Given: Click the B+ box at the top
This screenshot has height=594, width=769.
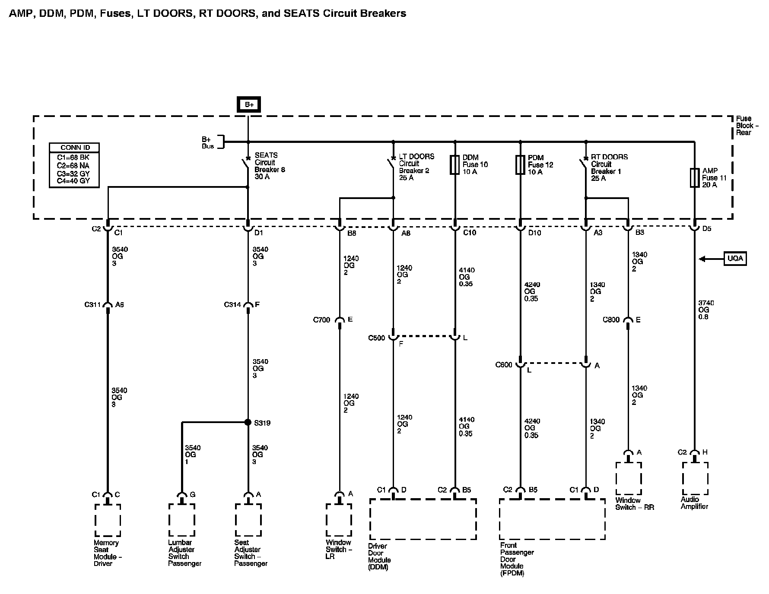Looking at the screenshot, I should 249,105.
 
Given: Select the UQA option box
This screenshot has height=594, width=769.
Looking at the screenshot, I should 735,259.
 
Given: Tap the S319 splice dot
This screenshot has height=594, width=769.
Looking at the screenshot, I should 248,422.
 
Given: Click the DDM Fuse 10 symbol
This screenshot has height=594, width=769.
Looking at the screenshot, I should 454,164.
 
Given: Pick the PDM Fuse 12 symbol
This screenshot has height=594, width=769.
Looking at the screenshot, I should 520,164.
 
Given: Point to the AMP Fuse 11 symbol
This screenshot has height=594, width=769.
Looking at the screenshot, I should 694,177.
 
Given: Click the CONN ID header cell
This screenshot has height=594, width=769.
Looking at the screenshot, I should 74,148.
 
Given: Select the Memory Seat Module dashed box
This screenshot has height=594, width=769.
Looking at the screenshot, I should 108,520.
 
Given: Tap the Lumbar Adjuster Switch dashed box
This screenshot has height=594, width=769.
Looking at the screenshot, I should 181,520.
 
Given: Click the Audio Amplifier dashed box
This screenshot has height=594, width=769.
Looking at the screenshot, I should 695,478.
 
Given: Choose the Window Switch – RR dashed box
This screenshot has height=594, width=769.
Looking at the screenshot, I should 628,478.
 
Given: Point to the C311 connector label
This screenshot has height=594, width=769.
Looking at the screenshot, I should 92,305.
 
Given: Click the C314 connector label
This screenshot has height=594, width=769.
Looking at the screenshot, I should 232,305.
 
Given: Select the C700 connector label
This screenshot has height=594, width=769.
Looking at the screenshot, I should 321,320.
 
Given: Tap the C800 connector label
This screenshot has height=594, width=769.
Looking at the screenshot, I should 611,320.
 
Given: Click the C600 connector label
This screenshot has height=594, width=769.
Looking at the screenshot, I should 504,365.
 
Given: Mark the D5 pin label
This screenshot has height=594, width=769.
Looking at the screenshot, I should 706,229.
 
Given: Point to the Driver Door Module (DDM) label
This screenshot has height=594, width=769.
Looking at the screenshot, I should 379,556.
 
